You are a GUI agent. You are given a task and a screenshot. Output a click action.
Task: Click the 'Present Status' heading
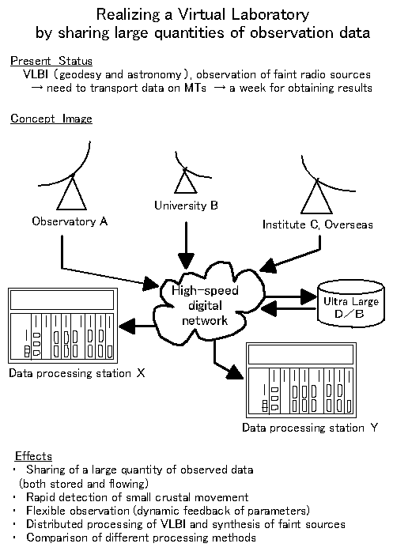tap(51, 61)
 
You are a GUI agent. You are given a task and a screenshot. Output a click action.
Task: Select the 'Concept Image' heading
tap(51, 119)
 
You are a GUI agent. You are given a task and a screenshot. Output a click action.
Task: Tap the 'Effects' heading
tap(33, 456)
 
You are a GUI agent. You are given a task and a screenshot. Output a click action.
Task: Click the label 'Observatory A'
tap(70, 221)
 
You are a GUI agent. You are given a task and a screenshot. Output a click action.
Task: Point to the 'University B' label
tap(187, 206)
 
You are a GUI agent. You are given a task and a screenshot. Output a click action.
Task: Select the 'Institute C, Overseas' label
tap(317, 225)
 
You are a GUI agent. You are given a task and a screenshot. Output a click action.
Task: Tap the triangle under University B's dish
tap(186, 180)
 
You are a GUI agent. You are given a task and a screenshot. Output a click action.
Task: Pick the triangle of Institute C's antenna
tap(316, 196)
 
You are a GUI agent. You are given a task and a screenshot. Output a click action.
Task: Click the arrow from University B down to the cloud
tap(186, 245)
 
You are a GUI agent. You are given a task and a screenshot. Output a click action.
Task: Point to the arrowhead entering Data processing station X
tap(127, 326)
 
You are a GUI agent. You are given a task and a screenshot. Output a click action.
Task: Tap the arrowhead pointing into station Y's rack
tap(234, 372)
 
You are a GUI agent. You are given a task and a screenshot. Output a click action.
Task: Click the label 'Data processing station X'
tap(77, 373)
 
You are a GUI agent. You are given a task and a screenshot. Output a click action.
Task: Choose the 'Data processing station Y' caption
tap(310, 428)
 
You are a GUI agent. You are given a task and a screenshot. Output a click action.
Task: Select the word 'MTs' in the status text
tap(195, 88)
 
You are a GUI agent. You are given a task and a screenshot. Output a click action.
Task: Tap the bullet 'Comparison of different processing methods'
tap(141, 538)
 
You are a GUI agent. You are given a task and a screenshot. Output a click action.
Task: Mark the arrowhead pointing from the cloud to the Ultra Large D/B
tap(308, 296)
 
